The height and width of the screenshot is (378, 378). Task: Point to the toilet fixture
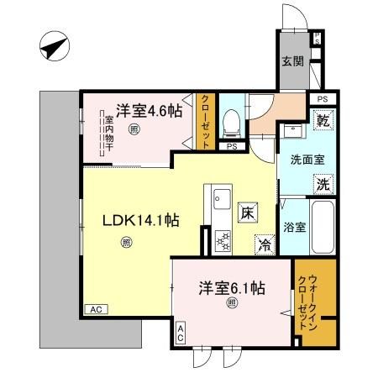point(233,122)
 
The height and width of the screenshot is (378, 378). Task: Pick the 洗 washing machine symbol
point(322,183)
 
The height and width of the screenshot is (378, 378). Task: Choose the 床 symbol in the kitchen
point(247,213)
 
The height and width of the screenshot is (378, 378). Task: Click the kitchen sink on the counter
point(222,199)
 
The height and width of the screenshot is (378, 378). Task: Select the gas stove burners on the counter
point(223,240)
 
